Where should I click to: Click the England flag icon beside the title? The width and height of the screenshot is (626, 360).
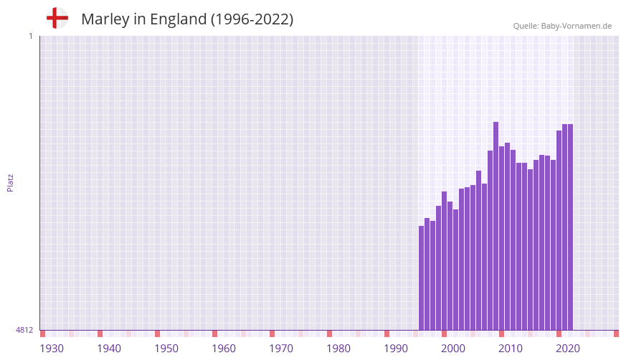pyautogui.click(x=57, y=18)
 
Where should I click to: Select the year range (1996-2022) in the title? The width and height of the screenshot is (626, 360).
pyautogui.click(x=252, y=19)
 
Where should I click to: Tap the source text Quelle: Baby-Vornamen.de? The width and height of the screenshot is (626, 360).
pyautogui.click(x=562, y=26)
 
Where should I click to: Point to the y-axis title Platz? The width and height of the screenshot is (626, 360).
pyautogui.click(x=10, y=182)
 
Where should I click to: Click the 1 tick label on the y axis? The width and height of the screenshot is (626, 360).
pyautogui.click(x=30, y=36)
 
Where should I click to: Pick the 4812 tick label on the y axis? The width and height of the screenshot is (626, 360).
pyautogui.click(x=24, y=330)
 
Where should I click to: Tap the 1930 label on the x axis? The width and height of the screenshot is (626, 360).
pyautogui.click(x=52, y=349)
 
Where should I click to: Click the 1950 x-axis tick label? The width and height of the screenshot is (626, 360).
pyautogui.click(x=166, y=349)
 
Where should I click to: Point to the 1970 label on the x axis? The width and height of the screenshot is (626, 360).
pyautogui.click(x=281, y=349)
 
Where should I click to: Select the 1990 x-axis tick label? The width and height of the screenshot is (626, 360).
pyautogui.click(x=396, y=349)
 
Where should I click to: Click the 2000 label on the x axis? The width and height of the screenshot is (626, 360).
pyautogui.click(x=453, y=349)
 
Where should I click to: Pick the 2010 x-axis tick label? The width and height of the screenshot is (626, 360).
pyautogui.click(x=511, y=349)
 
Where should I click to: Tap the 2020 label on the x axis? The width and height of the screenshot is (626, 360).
pyautogui.click(x=568, y=349)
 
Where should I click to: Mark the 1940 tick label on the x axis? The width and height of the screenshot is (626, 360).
pyautogui.click(x=109, y=349)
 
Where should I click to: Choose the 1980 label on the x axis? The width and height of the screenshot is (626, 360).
pyautogui.click(x=338, y=349)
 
